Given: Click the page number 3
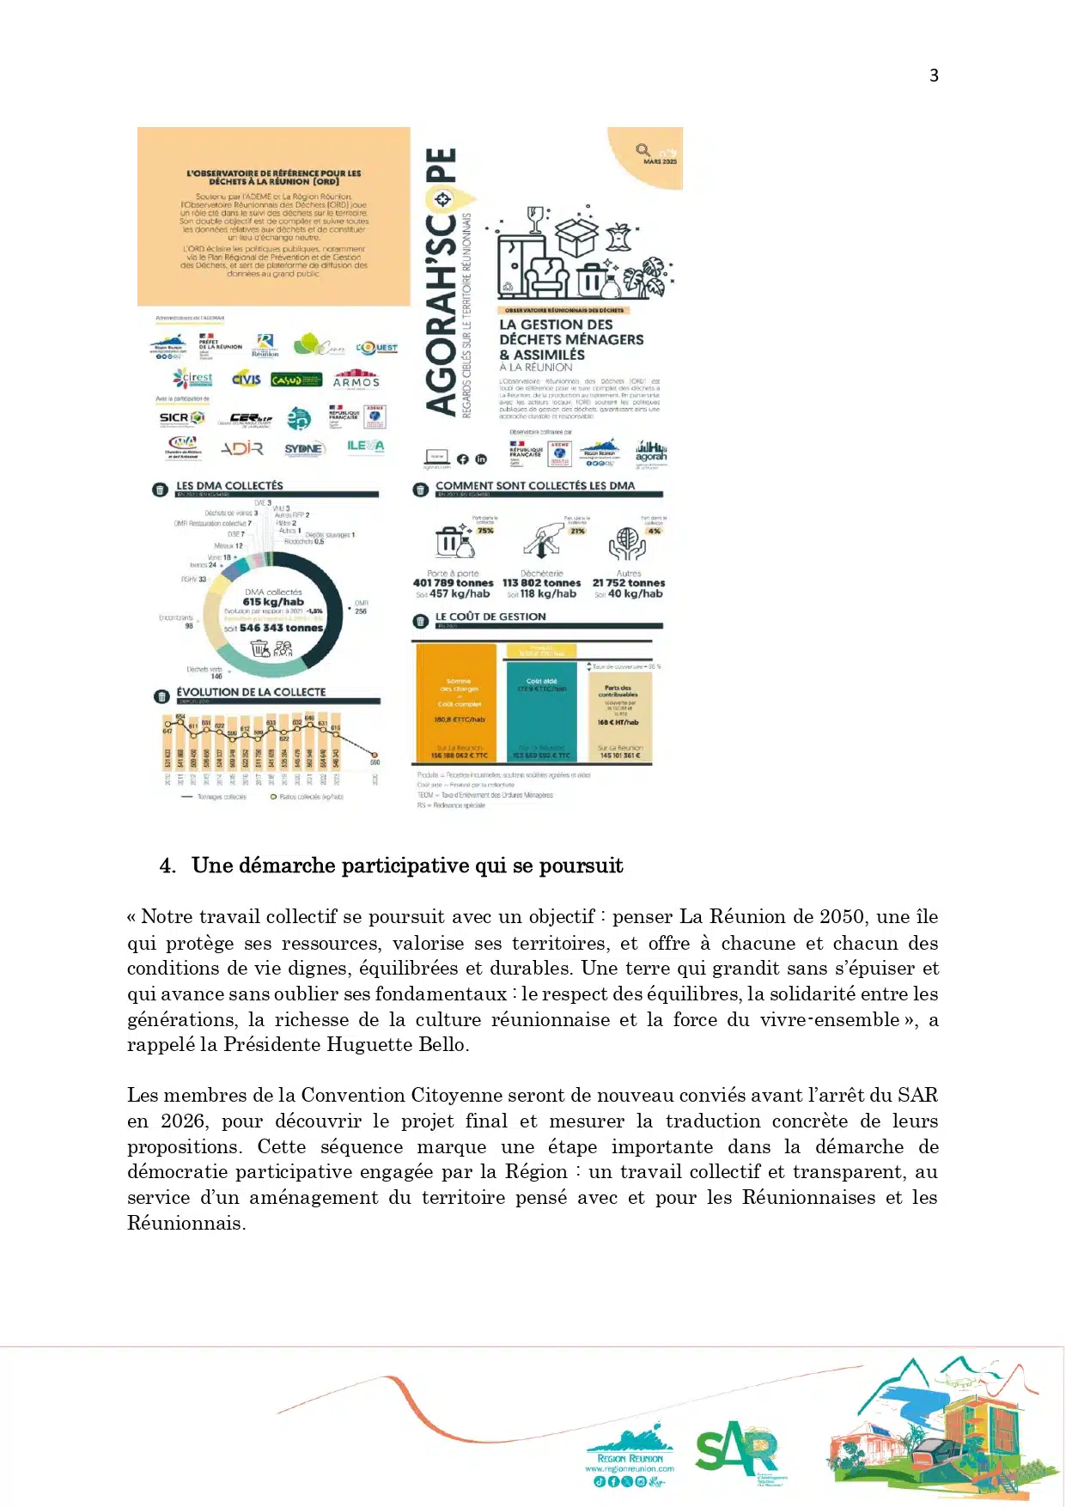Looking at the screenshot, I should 934,76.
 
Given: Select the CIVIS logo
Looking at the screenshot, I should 247,379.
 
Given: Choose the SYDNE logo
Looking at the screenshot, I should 304,448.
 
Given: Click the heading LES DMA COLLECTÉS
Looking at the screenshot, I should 229,485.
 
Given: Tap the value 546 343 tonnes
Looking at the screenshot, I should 281,628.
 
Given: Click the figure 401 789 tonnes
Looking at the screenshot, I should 453,582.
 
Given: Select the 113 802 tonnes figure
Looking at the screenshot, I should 541,582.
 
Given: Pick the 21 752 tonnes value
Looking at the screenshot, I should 629,582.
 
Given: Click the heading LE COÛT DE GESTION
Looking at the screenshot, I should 490,617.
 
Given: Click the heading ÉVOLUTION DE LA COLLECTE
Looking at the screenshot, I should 251,692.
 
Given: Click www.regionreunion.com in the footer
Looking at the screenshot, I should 630,1469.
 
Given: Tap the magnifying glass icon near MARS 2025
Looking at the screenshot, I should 643,150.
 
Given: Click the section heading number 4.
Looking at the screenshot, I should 167,866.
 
